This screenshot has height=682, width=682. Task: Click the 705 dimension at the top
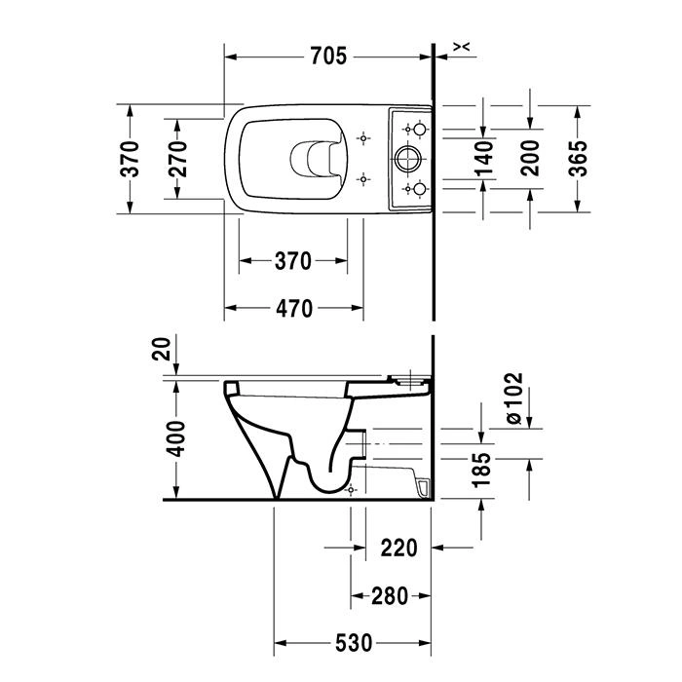click(329, 57)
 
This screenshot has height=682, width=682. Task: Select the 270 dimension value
click(178, 159)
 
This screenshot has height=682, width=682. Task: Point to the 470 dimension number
click(294, 309)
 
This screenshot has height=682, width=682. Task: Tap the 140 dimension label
click(485, 158)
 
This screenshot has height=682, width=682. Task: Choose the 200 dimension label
click(530, 158)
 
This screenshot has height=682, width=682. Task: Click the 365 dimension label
click(578, 158)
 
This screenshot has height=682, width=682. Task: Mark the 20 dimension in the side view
click(161, 349)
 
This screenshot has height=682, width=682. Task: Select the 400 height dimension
click(176, 438)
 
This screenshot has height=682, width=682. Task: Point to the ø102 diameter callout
click(515, 398)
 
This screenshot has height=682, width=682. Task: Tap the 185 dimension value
click(482, 471)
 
